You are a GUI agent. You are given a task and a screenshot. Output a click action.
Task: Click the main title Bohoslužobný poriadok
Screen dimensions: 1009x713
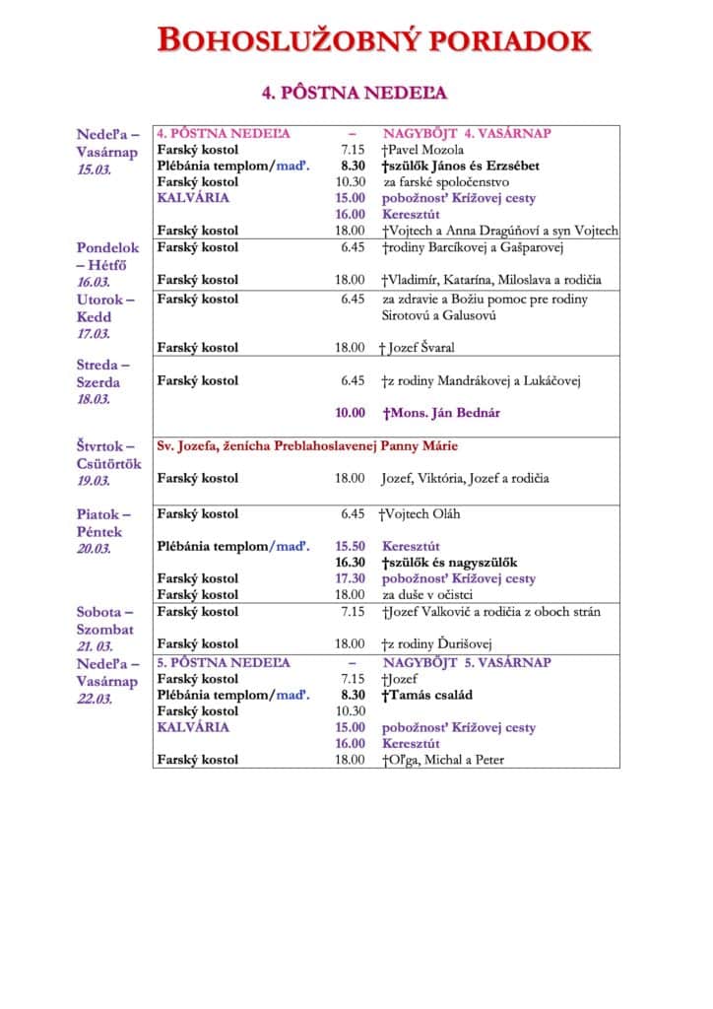click(x=374, y=40)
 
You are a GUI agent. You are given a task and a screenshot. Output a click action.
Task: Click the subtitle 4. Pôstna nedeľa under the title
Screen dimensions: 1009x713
click(x=355, y=93)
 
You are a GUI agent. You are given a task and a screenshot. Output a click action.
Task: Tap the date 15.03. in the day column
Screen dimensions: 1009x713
click(x=96, y=169)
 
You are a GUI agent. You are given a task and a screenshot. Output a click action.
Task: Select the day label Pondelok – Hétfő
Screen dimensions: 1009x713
click(x=108, y=256)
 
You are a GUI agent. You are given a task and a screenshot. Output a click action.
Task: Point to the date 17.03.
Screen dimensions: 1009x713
click(x=96, y=334)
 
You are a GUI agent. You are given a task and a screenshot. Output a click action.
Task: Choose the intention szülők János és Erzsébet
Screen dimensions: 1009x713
click(x=461, y=166)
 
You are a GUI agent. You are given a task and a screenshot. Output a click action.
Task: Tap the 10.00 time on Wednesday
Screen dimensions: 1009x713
click(x=350, y=413)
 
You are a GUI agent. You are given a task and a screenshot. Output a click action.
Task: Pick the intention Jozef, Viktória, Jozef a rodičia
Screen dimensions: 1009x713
click(x=465, y=478)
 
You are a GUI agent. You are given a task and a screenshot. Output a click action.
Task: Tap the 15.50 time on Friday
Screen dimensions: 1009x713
click(x=350, y=546)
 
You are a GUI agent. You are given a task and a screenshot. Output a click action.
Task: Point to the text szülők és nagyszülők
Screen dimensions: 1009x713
click(x=453, y=562)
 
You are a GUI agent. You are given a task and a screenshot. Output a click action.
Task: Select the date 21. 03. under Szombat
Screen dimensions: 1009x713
click(x=98, y=644)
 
